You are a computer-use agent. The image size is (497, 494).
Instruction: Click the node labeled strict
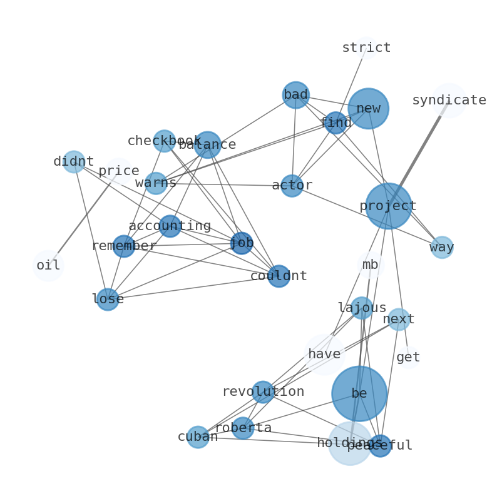[x=366, y=48]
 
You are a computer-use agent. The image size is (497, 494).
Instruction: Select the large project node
[x=388, y=206]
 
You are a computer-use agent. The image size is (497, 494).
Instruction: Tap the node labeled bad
[x=295, y=95]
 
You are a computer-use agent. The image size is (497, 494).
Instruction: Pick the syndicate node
[x=449, y=100]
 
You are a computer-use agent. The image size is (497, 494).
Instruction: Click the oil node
[x=48, y=265]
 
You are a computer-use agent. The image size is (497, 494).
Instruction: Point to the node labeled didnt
[x=74, y=162]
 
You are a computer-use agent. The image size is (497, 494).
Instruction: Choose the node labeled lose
[x=108, y=299]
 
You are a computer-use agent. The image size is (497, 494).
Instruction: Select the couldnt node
[x=279, y=276]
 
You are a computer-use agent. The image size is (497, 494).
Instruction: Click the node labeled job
[x=242, y=243]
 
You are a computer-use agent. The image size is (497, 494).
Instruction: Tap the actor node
[x=292, y=186]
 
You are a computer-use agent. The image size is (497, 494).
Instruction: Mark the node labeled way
[x=442, y=247]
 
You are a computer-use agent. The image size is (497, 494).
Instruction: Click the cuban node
[x=198, y=436]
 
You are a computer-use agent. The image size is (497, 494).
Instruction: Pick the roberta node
[x=243, y=428]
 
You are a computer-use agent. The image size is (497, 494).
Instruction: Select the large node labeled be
[x=359, y=393]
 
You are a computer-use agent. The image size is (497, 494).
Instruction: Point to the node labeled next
[x=399, y=320]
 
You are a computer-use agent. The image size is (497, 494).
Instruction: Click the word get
[x=408, y=358]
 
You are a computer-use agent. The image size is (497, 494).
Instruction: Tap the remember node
[x=123, y=246]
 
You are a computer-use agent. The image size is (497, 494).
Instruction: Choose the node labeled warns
[x=156, y=183]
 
